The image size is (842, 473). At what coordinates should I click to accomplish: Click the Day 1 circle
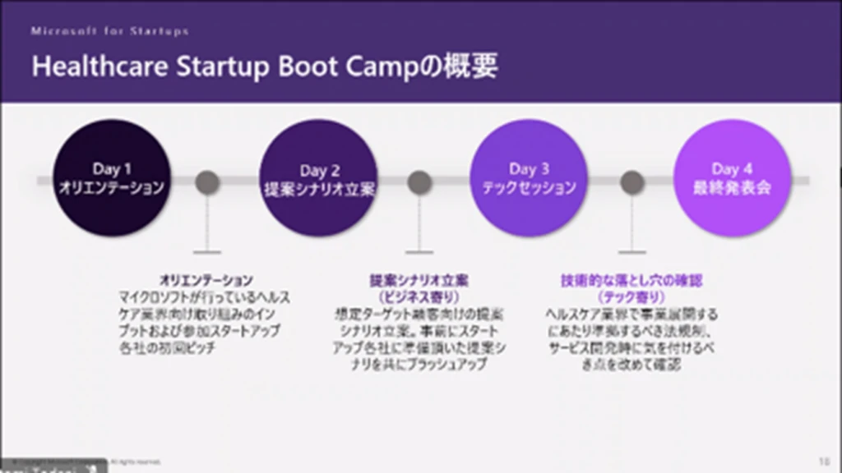click(112, 178)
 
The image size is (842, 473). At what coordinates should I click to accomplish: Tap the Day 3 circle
click(529, 178)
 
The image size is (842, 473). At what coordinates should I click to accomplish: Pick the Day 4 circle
click(732, 178)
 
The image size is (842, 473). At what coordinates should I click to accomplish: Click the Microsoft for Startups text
click(110, 31)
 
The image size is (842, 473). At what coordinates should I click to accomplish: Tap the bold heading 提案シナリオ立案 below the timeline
click(419, 280)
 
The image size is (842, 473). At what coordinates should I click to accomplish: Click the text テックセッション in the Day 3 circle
click(529, 188)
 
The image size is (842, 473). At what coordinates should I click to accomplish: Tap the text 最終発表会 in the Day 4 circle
click(732, 188)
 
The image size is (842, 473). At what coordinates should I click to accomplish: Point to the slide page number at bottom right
click(824, 461)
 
